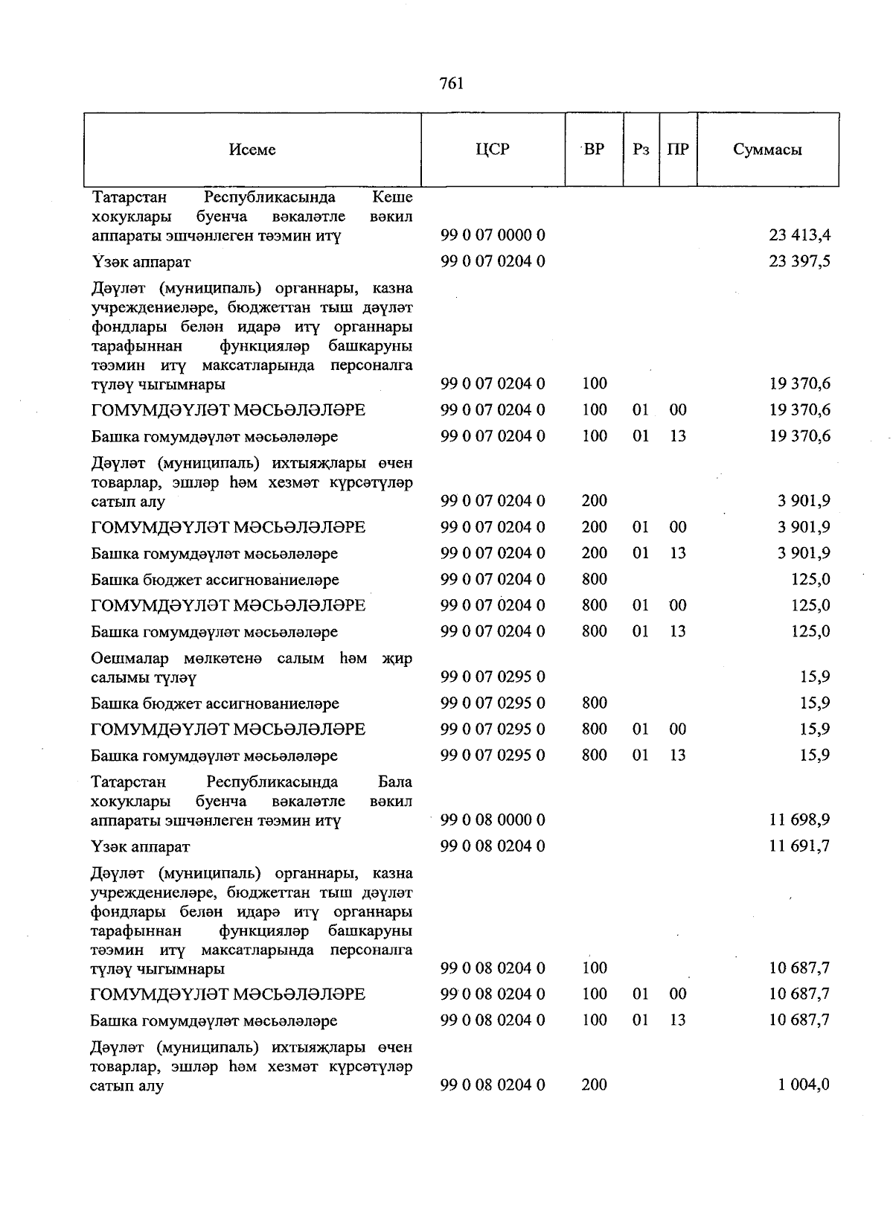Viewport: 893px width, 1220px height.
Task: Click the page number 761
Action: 452,83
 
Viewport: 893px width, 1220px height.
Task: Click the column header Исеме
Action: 252,150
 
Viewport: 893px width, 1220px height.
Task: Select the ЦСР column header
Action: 493,149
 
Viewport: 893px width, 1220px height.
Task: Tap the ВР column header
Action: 594,149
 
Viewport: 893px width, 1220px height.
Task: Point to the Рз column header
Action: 641,150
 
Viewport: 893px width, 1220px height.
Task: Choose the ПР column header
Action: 677,149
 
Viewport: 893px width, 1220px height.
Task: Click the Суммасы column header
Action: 767,150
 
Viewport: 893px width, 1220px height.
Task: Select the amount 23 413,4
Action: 799,235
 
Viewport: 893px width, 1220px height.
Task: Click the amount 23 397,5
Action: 799,261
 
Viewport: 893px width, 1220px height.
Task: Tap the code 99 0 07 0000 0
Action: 493,235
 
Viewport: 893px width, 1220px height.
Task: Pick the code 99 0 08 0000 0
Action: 493,820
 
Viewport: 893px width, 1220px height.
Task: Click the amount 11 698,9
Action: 799,820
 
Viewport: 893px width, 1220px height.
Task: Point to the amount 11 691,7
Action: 799,846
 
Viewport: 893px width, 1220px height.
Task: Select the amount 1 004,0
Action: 804,1085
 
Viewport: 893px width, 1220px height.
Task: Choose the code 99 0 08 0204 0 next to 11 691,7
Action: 493,846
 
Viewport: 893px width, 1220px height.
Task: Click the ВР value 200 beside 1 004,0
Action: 594,1085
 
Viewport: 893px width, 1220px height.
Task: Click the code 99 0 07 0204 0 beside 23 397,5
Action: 493,261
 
